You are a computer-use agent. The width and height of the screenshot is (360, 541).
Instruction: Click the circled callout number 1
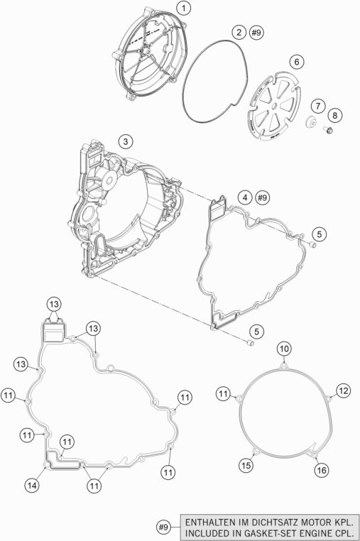[184, 9]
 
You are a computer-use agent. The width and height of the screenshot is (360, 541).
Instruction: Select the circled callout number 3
[125, 141]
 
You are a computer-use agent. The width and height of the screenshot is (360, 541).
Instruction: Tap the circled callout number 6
[297, 62]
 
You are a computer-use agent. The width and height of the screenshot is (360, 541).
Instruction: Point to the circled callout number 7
[318, 106]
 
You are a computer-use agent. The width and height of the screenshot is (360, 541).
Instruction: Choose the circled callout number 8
[334, 115]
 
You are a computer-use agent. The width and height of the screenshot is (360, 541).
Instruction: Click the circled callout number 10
[284, 349]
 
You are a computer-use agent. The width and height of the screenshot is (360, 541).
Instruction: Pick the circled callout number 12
[343, 390]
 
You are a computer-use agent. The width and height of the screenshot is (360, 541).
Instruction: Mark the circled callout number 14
[32, 486]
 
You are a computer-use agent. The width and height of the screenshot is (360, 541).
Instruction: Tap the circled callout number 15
[246, 466]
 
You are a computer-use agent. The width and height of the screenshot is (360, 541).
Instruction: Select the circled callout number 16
[322, 470]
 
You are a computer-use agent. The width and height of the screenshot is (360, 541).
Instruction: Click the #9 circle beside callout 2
[256, 33]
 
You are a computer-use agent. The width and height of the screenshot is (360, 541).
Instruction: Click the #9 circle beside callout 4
[262, 197]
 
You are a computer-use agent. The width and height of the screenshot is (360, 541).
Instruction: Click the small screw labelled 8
[328, 130]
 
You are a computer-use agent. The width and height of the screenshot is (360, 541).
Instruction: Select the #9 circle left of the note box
[163, 527]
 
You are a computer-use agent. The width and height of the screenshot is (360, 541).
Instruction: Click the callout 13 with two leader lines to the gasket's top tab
[53, 305]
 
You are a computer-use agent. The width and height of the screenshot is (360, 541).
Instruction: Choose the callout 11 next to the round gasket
[224, 393]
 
